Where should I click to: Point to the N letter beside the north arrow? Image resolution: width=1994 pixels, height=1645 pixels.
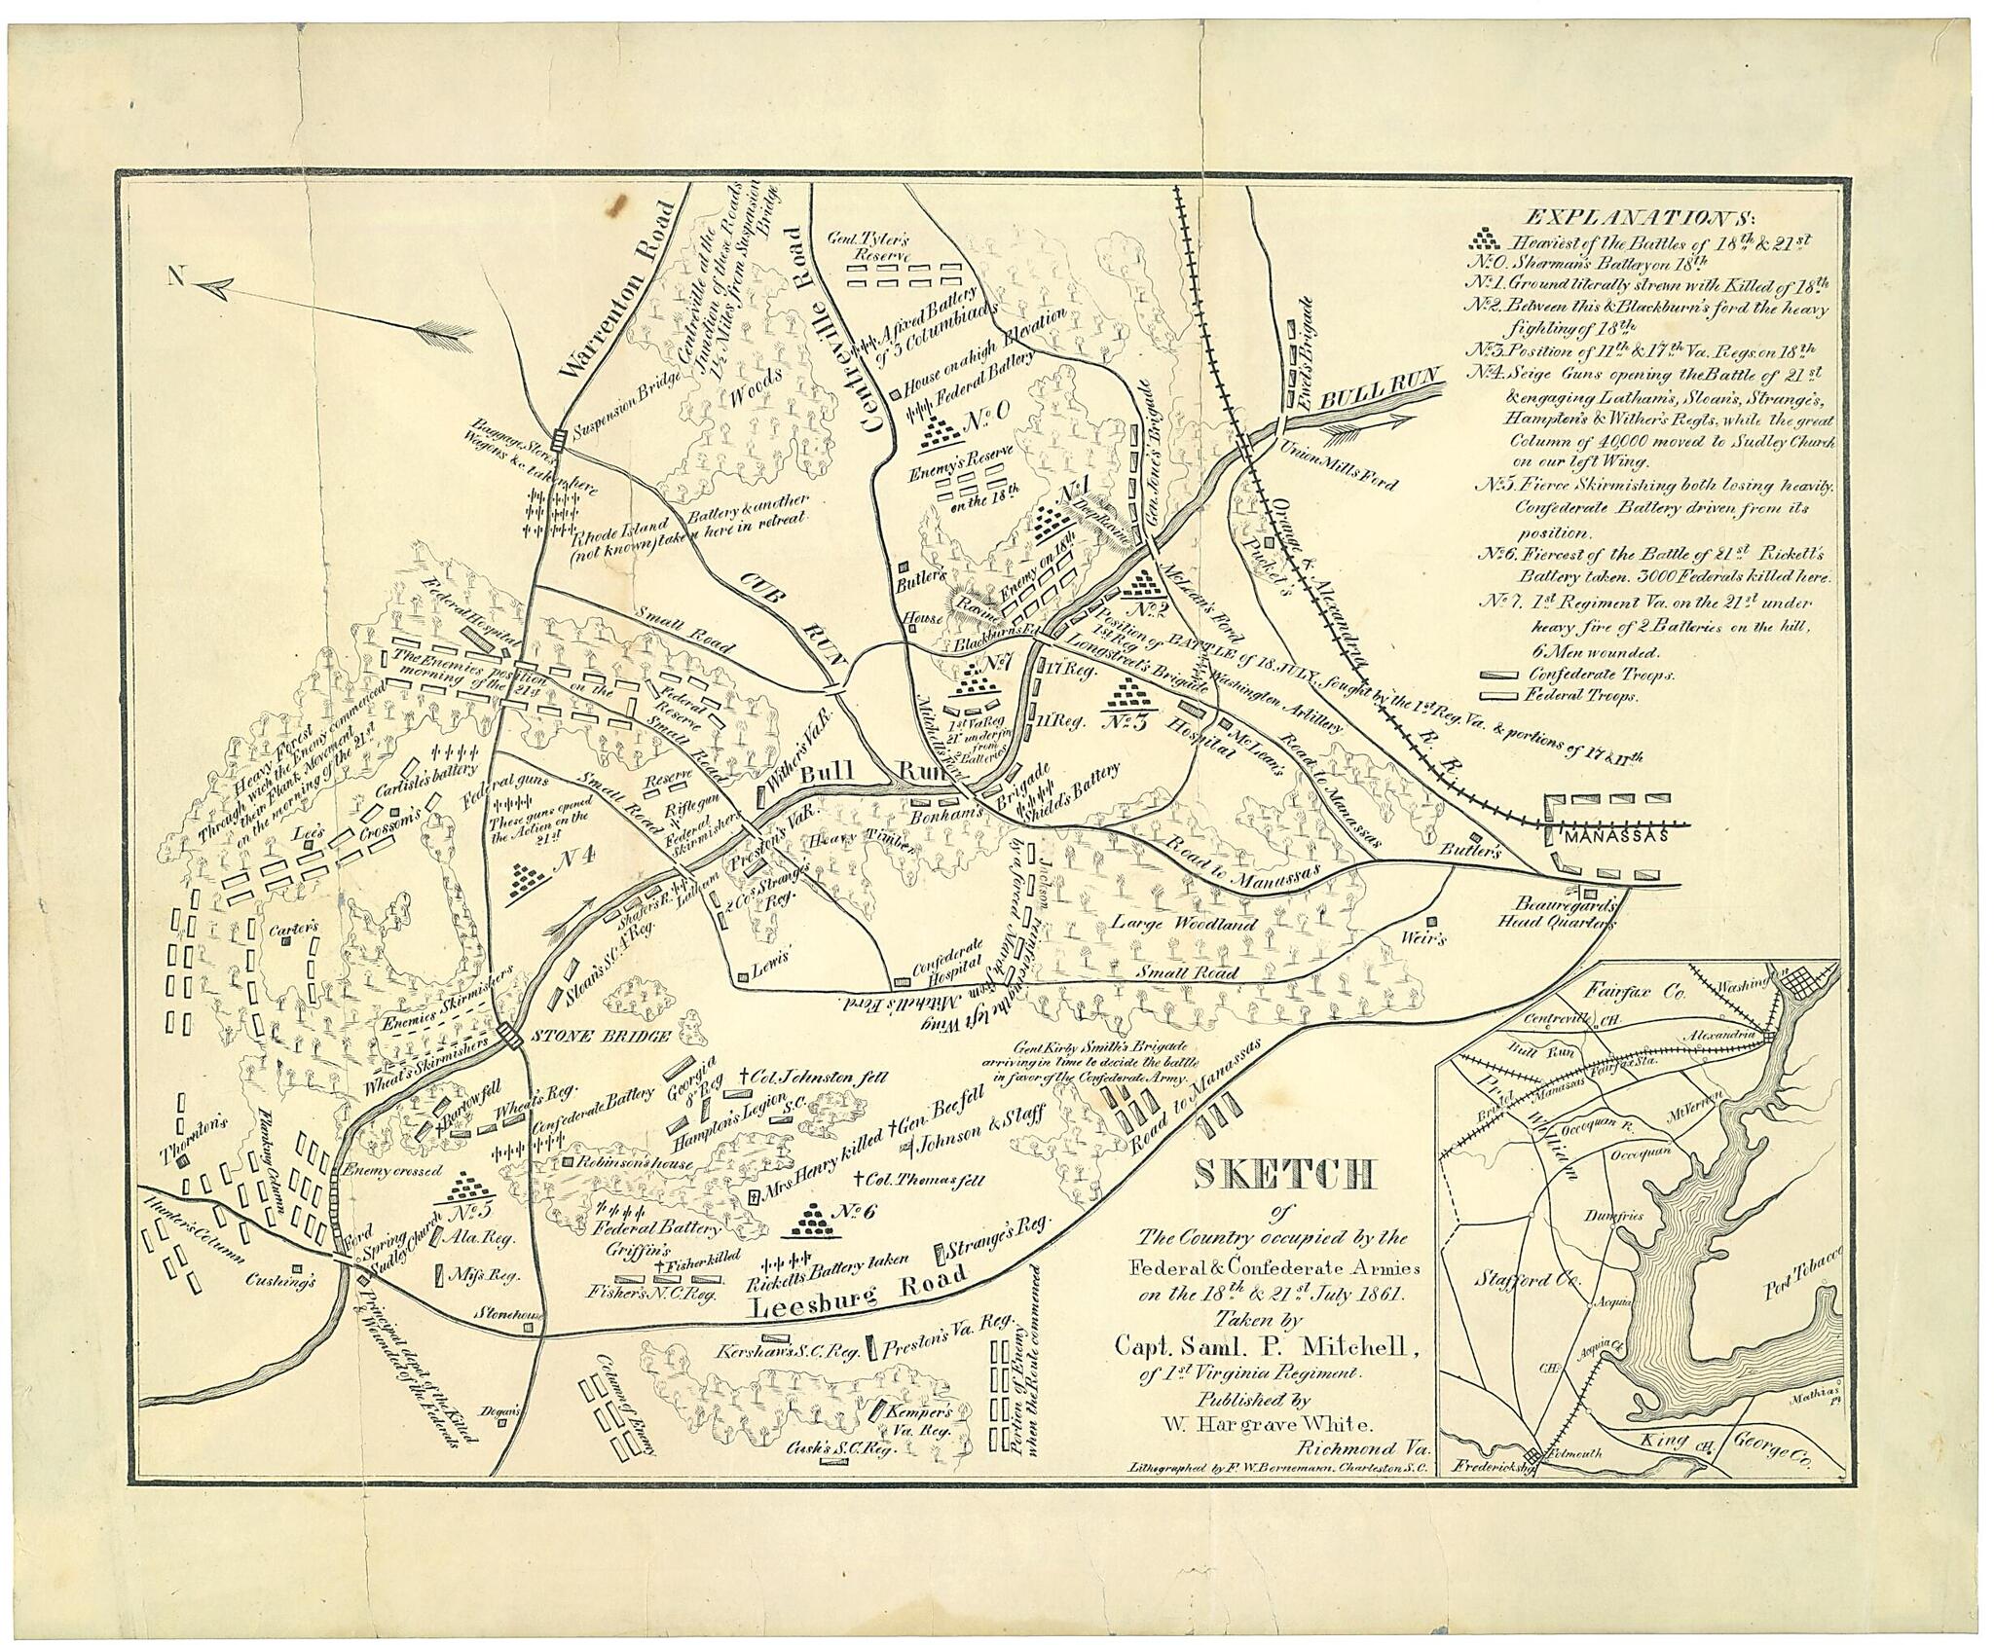point(176,277)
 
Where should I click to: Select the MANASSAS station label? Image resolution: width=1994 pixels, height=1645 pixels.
point(1615,836)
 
